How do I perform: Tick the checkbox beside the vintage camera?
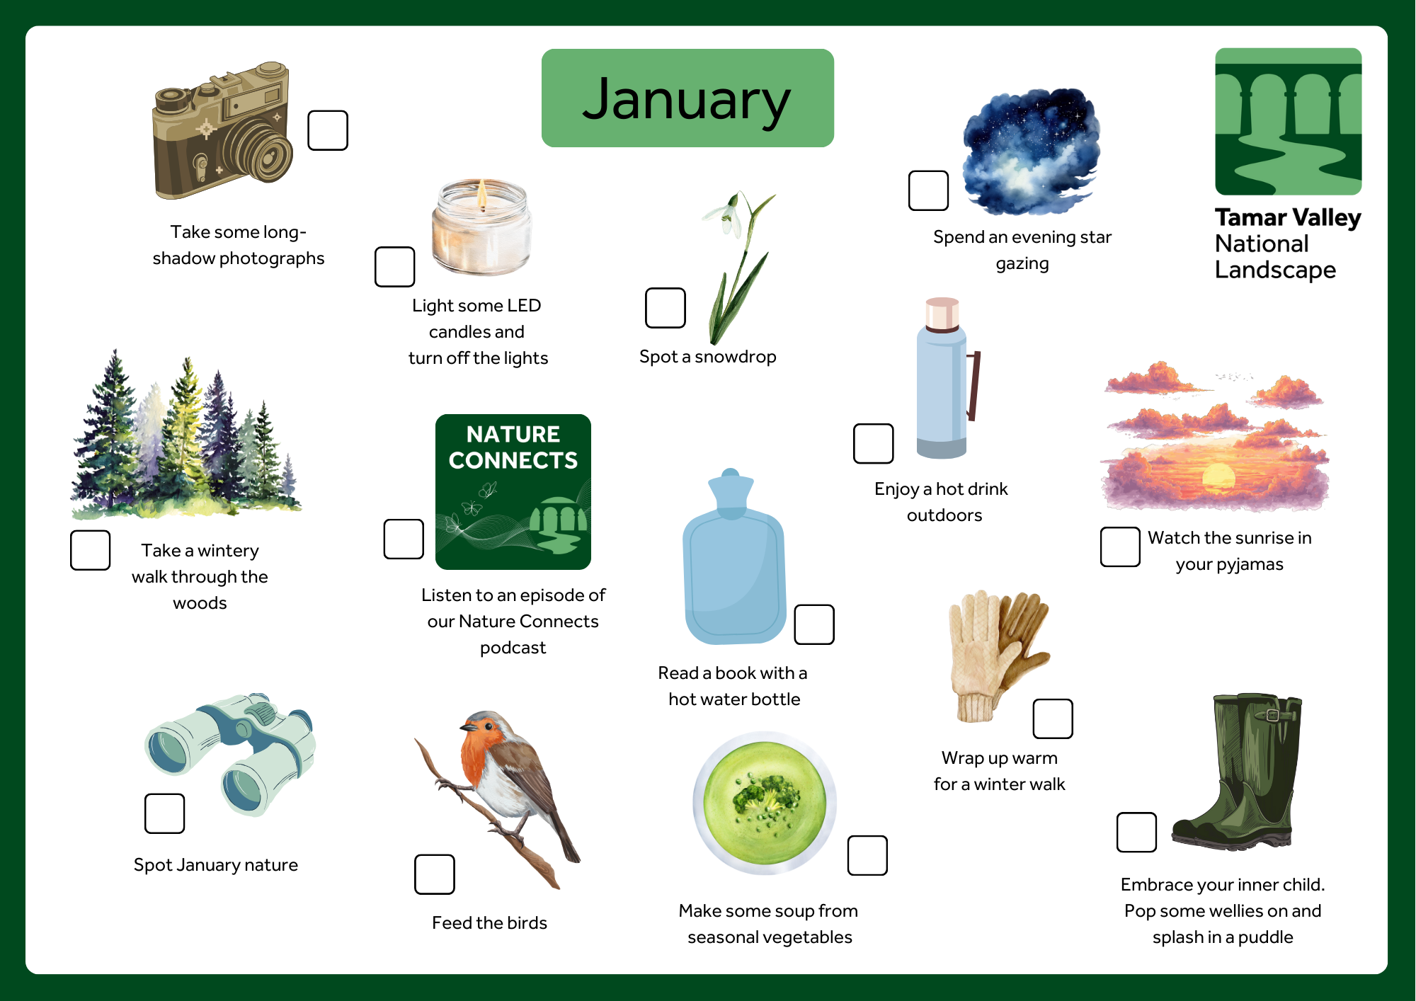point(328,130)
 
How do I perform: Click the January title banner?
point(687,98)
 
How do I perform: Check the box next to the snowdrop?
point(666,308)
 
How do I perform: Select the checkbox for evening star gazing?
point(929,190)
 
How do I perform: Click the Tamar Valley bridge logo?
point(1289,121)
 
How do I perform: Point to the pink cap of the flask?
point(942,314)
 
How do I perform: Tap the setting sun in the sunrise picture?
point(1218,476)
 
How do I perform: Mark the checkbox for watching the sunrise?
point(1120,547)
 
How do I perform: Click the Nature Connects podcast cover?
point(513,492)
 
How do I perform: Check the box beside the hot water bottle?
point(814,624)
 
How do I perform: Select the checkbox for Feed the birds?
point(435,874)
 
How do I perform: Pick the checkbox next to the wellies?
point(1136,833)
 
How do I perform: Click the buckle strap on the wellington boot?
point(1274,715)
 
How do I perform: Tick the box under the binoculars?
point(164,813)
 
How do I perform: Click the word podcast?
point(513,648)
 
